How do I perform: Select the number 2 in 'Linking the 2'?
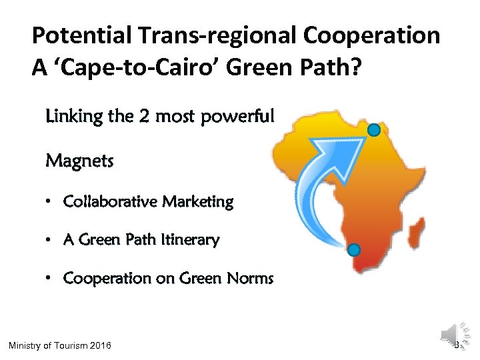144,117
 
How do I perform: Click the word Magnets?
79,161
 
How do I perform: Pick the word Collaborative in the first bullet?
107,201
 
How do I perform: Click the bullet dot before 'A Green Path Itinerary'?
50,240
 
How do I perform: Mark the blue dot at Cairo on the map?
375,129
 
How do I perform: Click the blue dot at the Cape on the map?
354,250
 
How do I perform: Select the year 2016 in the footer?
100,345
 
